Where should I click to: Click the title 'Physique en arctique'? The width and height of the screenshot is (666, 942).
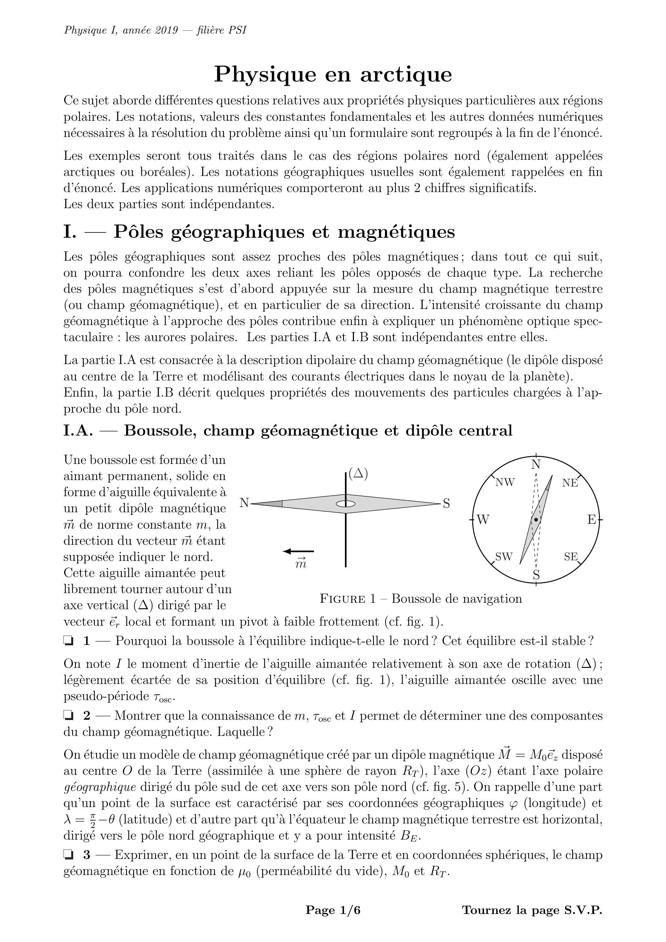pos(333,74)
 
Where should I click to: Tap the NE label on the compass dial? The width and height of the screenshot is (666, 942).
pos(570,483)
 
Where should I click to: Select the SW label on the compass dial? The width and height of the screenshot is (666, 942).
pos(504,556)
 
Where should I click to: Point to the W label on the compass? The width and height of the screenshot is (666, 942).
pos(483,520)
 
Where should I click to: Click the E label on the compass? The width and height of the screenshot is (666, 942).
pos(591,520)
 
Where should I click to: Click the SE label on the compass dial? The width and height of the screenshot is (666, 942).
pos(571,556)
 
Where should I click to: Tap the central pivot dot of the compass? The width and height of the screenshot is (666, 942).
pos(536,520)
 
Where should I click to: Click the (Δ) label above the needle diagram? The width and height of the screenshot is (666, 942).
pos(358,474)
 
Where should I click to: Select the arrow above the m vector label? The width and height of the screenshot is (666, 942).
pos(299,551)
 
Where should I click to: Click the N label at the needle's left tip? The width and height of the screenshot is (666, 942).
pos(244,503)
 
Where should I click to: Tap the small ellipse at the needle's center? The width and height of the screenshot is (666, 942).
pos(346,504)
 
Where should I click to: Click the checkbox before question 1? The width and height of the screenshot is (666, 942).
pos(68,640)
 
